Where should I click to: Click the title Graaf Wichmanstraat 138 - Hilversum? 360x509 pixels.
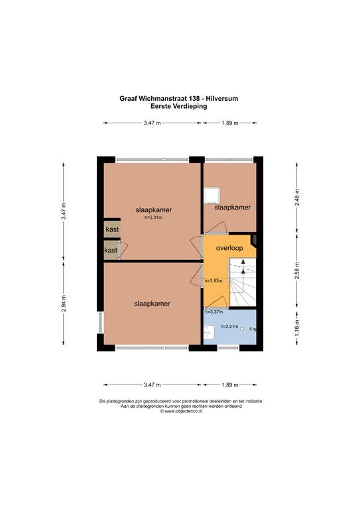[179, 98]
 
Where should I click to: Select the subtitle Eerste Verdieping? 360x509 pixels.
[179, 106]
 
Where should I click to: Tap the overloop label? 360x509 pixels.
[229, 248]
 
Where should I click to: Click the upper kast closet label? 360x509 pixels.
[112, 229]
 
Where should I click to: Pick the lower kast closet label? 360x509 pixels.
[111, 250]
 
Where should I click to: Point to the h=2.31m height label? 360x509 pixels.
[153, 218]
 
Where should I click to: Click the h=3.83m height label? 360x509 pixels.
[213, 281]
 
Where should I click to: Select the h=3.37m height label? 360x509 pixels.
[214, 312]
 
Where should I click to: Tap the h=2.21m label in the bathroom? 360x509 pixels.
[229, 326]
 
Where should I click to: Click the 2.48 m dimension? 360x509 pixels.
[297, 197]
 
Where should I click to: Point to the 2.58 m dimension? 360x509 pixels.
[297, 270]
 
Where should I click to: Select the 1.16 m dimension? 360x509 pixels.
[297, 328]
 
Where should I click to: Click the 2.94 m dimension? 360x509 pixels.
[64, 303]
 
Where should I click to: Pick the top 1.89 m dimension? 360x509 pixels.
[230, 123]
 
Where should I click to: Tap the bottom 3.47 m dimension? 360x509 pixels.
[152, 385]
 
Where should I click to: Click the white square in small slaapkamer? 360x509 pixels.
[212, 195]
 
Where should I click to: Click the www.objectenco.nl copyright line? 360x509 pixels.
[181, 411]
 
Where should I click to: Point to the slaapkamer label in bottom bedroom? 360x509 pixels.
[152, 304]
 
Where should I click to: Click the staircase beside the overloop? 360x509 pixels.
[243, 282]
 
